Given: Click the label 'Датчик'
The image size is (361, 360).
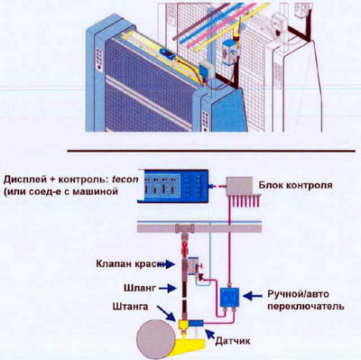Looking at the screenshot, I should tap(230, 338).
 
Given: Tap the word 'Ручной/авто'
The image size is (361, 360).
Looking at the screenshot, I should tap(292, 293).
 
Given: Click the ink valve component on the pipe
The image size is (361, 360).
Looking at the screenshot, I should tap(191, 268).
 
